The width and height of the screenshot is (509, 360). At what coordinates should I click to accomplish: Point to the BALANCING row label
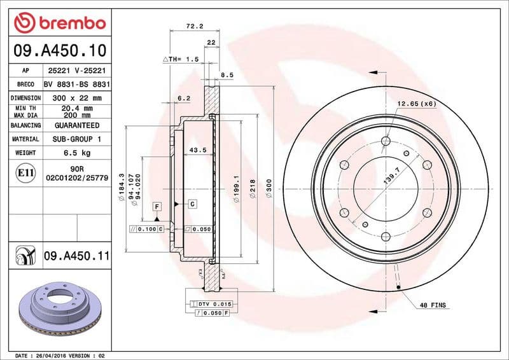25,126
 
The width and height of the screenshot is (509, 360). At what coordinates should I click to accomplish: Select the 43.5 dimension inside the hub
197,150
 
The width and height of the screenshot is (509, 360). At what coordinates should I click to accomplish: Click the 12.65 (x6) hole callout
416,103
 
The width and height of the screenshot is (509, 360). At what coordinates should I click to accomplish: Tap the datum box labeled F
157,205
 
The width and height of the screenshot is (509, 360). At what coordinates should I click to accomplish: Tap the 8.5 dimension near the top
227,75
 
